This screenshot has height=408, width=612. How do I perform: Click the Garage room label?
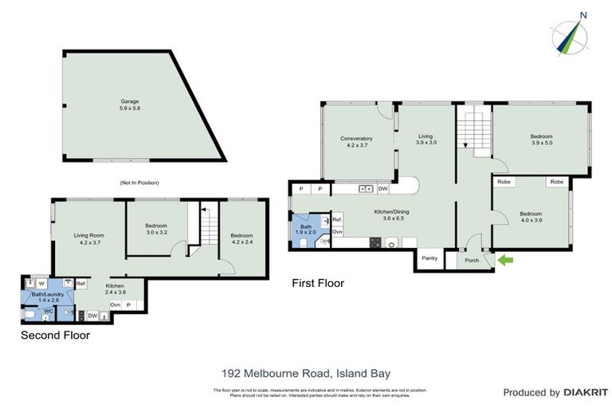click(x=130, y=104)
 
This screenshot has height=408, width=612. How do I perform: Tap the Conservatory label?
click(x=356, y=142)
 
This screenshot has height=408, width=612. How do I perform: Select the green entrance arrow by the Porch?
click(x=505, y=259)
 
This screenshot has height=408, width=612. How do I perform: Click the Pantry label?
click(x=429, y=257)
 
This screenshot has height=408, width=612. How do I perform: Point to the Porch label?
click(x=473, y=260)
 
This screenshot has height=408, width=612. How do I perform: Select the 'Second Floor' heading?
click(x=55, y=335)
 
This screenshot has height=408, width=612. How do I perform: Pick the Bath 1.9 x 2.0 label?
click(x=307, y=228)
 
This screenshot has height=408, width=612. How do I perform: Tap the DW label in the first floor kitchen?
click(x=383, y=189)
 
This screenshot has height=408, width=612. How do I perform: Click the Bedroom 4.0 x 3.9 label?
click(x=530, y=218)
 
